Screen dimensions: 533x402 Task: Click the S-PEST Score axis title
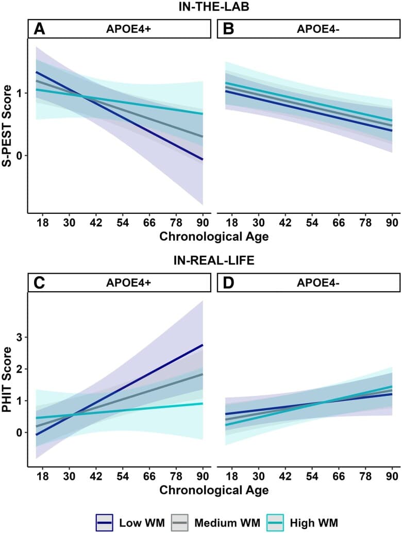pos(8,120)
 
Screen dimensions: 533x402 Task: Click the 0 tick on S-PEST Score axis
pos(20,155)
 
